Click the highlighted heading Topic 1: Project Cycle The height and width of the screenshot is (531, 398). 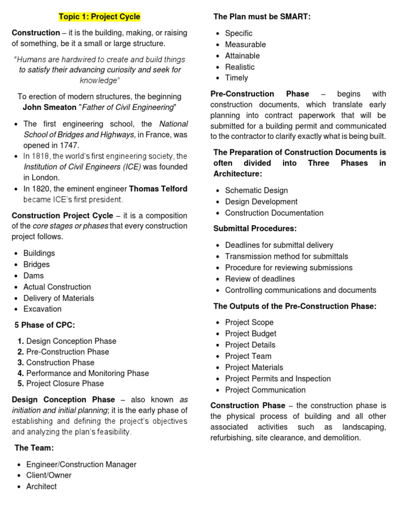99,17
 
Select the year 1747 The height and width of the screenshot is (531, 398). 70,145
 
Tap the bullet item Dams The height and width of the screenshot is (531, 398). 34,276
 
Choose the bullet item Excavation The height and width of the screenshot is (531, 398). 42,309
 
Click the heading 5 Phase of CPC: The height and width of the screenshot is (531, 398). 45,325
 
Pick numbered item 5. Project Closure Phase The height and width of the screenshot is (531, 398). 61,384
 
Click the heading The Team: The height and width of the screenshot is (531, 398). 34,448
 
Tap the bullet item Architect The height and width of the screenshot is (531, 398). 41,486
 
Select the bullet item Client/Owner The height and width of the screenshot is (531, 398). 49,476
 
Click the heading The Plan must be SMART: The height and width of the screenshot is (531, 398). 262,17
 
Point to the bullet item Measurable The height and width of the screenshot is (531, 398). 246,45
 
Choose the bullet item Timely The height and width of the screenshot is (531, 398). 237,78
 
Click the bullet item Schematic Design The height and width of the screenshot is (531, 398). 257,190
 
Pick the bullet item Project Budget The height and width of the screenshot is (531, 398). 251,333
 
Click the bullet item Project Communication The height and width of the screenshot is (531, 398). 265,390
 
